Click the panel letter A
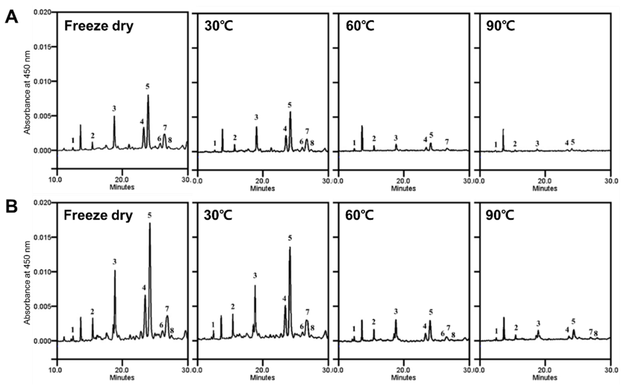11,17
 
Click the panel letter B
11,207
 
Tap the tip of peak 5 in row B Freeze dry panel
150,223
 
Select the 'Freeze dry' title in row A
99,26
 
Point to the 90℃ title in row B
500,216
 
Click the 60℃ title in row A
360,26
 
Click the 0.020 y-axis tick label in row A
42,12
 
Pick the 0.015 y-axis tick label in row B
42,237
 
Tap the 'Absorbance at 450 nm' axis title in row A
27,92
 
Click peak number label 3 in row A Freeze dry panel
114,109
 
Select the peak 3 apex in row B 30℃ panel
255,286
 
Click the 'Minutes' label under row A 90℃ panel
545,188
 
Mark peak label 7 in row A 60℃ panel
447,142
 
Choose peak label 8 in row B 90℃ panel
596,333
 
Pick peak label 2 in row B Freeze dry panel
92,312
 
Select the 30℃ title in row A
219,26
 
